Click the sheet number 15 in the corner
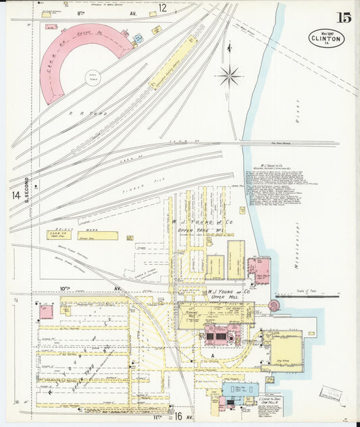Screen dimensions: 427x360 pyautogui.click(x=344, y=18)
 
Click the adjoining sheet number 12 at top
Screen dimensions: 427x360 pyautogui.click(x=162, y=8)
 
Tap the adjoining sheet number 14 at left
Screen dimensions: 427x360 pyautogui.click(x=15, y=195)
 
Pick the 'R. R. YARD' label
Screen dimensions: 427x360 pyautogui.click(x=81, y=113)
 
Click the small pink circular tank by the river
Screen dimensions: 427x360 pyautogui.click(x=274, y=305)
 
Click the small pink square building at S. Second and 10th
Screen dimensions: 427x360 pyautogui.click(x=46, y=311)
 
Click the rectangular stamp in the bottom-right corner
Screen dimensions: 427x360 pyautogui.click(x=331, y=393)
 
